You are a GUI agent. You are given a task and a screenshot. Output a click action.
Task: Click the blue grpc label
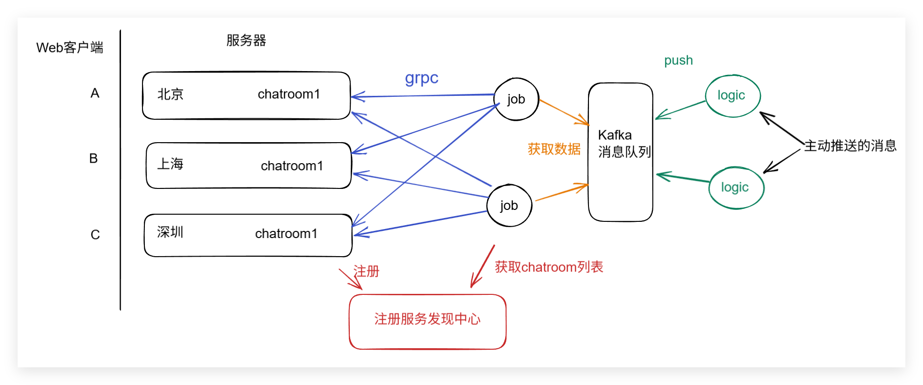click(421, 78)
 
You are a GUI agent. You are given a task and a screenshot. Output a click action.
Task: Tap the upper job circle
click(516, 99)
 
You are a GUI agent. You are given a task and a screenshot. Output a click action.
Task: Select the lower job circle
click(509, 206)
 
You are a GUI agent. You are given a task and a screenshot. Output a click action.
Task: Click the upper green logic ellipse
click(732, 95)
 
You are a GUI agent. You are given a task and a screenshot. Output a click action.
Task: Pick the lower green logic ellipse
click(736, 187)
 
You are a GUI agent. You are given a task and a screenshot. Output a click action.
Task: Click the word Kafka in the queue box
click(615, 135)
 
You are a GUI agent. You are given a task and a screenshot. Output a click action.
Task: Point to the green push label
click(678, 61)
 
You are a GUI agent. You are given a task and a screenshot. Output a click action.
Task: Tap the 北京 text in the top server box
click(171, 94)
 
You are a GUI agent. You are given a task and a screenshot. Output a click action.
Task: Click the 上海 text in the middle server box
click(171, 164)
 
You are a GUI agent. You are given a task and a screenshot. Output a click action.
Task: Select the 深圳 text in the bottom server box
click(170, 232)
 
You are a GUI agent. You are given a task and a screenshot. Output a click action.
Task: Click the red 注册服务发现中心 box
click(427, 321)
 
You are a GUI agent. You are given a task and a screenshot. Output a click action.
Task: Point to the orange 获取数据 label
click(554, 149)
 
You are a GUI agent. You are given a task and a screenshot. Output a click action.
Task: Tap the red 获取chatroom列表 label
click(549, 267)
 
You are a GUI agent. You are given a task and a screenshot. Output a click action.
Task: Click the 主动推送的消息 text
click(850, 146)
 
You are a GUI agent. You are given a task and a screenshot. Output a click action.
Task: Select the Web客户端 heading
click(70, 48)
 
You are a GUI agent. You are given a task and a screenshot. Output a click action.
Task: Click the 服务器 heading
click(246, 41)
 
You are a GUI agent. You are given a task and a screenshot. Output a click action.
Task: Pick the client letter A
click(95, 94)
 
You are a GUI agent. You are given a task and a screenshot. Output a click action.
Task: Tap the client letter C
click(95, 235)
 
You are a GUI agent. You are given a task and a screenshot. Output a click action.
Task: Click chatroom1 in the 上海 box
click(292, 166)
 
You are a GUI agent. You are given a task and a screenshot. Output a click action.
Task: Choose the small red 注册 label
click(366, 271)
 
